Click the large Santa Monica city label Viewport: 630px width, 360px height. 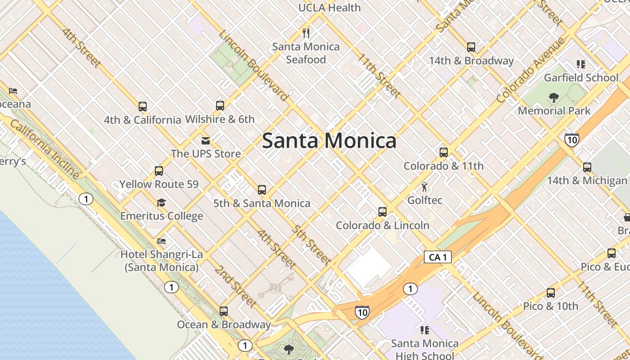[329, 141]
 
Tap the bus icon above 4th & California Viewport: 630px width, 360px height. [143, 107]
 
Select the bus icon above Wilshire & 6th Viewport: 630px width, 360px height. [220, 106]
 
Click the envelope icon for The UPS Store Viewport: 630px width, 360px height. [206, 141]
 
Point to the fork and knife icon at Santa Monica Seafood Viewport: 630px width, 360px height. [306, 33]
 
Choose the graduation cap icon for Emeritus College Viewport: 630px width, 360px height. [161, 203]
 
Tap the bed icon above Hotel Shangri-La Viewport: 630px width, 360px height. [161, 241]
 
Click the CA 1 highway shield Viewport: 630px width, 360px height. [437, 257]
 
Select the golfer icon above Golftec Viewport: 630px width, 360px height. [424, 186]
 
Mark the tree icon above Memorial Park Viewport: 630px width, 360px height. [554, 97]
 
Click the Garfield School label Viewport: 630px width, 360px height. [581, 77]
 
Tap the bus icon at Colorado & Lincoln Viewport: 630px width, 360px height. [382, 211]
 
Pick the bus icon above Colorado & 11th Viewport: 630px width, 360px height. [444, 153]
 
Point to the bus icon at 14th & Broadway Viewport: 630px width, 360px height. [471, 47]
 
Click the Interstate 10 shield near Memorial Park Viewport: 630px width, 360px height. [571, 139]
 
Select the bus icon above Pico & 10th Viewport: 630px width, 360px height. [551, 293]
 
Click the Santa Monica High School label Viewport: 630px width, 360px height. [424, 349]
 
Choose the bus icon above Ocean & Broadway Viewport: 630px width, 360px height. [224, 311]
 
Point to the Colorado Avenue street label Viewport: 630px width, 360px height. [531, 70]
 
